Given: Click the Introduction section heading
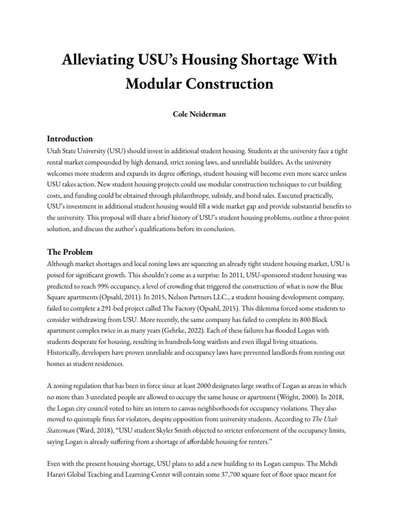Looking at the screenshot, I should (x=70, y=139).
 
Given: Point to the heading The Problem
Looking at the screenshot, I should (x=70, y=252).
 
